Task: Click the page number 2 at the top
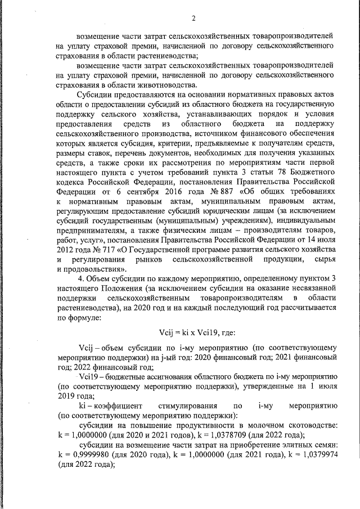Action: click(192, 19)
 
